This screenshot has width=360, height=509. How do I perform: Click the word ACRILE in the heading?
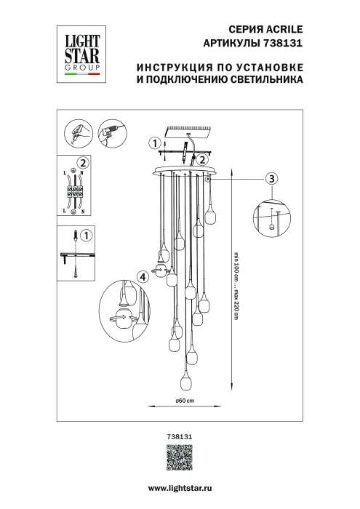(x=281, y=30)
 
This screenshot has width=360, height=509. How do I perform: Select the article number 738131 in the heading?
(x=281, y=44)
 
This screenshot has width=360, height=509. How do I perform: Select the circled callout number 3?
(x=271, y=178)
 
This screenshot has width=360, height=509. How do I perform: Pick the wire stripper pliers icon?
(x=77, y=132)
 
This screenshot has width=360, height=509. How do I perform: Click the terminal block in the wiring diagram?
(x=74, y=193)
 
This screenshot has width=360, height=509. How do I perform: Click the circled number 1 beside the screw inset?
(x=85, y=236)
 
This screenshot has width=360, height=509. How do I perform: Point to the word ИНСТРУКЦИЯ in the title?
(x=172, y=68)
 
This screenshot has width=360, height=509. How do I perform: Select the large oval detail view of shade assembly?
(x=132, y=310)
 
